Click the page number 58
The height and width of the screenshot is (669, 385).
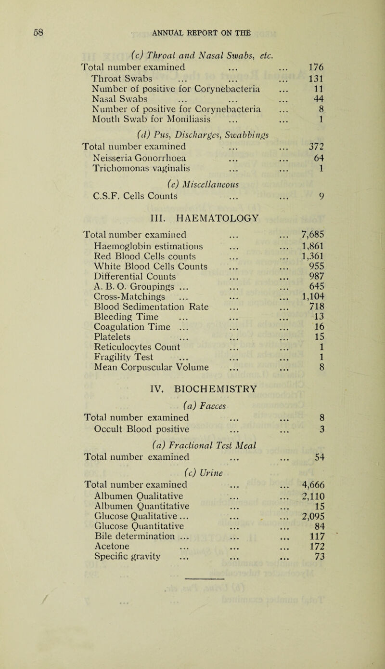[x=39, y=34]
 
